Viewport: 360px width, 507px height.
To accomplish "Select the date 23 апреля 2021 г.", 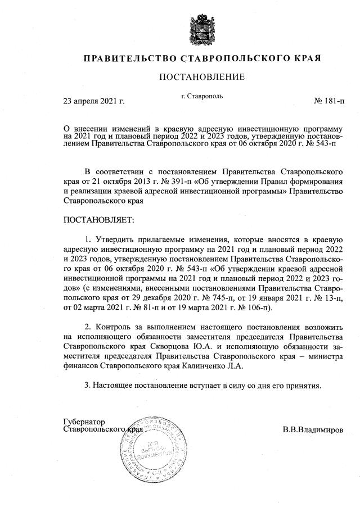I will (93, 101).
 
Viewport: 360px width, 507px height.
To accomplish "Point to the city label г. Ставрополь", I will (202, 96).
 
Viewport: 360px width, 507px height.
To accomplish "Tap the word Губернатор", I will (84, 422).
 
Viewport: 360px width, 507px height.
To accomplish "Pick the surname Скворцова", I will (164, 347).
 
